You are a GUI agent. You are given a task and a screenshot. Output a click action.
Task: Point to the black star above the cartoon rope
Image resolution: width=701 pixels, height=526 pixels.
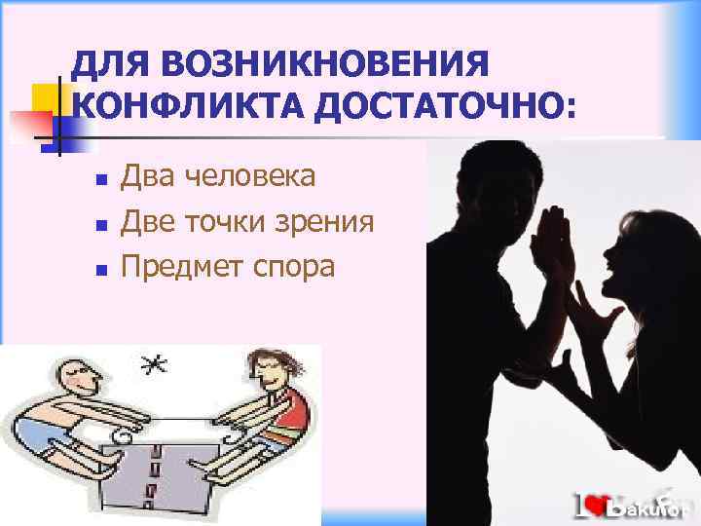(153, 366)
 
